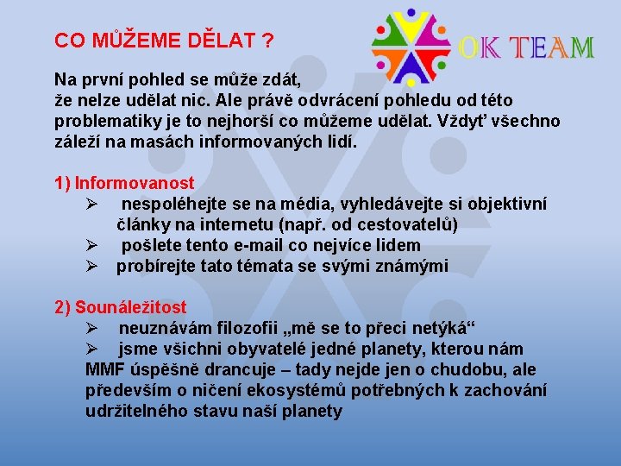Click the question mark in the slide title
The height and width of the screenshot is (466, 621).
point(269,41)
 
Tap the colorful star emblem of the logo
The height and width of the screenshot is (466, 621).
point(411,46)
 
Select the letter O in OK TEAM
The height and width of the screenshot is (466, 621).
point(471,47)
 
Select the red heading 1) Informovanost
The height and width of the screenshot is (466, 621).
point(124,183)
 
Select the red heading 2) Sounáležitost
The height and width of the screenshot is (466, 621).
point(120,307)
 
